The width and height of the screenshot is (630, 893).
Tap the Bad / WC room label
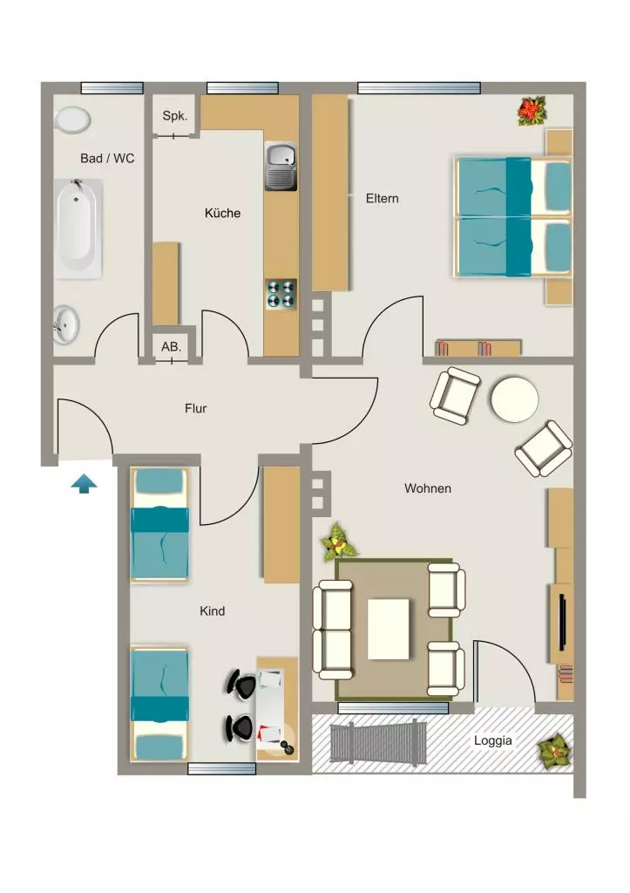point(107,159)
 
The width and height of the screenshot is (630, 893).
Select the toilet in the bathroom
point(72,120)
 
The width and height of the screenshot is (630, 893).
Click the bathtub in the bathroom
point(78,228)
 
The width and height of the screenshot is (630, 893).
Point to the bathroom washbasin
point(66,324)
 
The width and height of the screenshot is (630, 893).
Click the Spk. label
point(175,116)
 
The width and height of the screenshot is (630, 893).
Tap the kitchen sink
point(281,167)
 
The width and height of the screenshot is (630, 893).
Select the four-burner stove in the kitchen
point(281,295)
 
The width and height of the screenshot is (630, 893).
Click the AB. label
point(171,346)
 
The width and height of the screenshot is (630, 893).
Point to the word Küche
point(222,213)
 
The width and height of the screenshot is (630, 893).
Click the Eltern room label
point(382,198)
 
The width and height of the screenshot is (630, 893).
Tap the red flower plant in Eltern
point(532,111)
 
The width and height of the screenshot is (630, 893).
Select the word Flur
point(195,408)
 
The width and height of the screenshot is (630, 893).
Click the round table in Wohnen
point(514,399)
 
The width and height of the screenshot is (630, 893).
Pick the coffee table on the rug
point(388,629)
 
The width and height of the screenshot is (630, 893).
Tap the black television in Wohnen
point(562,622)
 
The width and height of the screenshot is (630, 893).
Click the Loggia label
point(493,740)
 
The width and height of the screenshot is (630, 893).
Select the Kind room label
point(213,611)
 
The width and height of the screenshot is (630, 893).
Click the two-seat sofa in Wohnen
point(334,630)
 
